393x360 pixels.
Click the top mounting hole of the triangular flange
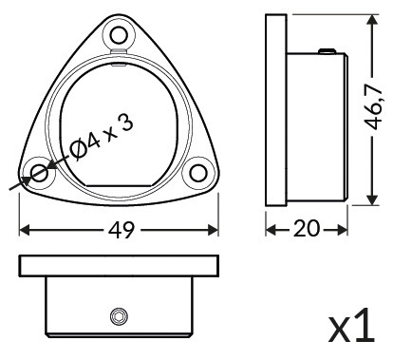click(x=119, y=35)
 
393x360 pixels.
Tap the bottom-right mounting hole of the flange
click(x=198, y=173)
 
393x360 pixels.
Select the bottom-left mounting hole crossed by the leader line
click(x=40, y=173)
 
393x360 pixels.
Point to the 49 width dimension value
click(x=122, y=230)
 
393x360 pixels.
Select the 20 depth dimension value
click(x=307, y=229)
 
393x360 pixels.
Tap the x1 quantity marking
click(x=352, y=327)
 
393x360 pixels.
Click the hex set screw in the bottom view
click(x=120, y=316)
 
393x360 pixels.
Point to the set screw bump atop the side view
click(x=327, y=50)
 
